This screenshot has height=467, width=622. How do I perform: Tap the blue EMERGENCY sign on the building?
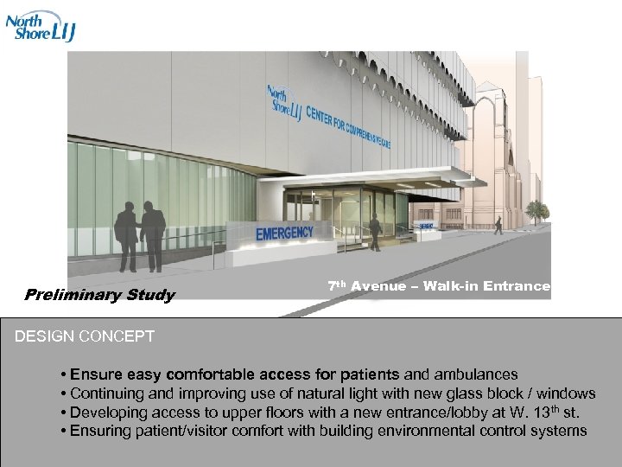tap(283, 232)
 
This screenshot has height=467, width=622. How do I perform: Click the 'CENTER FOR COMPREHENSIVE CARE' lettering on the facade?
tap(349, 125)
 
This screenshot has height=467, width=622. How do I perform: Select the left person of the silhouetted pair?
tap(126, 233)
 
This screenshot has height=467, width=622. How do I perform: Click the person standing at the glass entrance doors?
tap(374, 230)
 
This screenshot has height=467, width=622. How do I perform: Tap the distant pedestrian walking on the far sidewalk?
tap(498, 225)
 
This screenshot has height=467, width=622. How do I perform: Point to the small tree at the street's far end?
tap(537, 210)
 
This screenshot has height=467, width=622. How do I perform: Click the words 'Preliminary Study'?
tap(99, 295)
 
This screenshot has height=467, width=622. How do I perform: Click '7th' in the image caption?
tap(337, 285)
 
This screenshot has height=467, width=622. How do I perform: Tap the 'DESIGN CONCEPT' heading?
tap(85, 336)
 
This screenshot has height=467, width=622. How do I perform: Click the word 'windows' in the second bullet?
tap(567, 393)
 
